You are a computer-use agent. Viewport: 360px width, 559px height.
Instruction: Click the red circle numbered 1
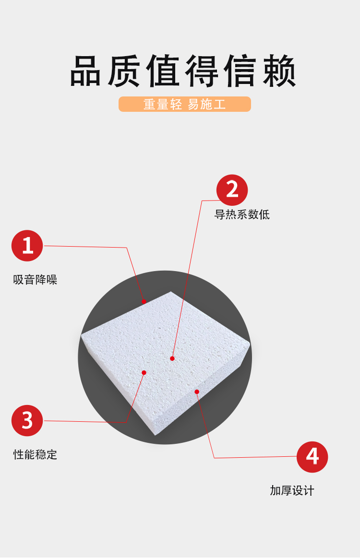click(27, 246)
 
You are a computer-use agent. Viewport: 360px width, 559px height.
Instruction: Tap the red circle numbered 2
click(232, 190)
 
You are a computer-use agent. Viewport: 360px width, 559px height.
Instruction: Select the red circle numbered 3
click(27, 420)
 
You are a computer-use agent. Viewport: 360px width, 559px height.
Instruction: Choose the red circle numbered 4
click(312, 457)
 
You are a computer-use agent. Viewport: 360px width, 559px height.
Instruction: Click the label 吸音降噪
click(35, 279)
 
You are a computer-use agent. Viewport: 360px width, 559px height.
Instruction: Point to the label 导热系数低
click(242, 214)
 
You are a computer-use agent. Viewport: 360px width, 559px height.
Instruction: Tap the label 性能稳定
click(35, 454)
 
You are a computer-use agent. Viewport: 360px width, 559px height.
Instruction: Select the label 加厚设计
click(292, 490)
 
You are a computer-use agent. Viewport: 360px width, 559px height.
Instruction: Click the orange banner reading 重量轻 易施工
click(185, 104)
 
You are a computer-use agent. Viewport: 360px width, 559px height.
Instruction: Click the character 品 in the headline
click(85, 71)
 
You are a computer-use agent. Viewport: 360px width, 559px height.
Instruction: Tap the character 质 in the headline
click(124, 71)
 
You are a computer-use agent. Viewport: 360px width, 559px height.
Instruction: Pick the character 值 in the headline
click(163, 71)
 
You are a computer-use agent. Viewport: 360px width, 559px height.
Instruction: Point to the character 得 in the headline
click(202, 71)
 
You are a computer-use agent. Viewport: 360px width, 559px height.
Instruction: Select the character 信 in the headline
click(240, 71)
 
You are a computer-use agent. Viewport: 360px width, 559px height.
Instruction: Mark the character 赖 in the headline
click(279, 71)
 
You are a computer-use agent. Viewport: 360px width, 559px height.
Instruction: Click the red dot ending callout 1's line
click(144, 301)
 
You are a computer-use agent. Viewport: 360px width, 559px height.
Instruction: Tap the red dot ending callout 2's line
click(172, 358)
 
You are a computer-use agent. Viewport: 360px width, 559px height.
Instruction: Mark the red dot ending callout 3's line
click(144, 372)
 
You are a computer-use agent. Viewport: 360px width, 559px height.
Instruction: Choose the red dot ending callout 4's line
click(197, 392)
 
